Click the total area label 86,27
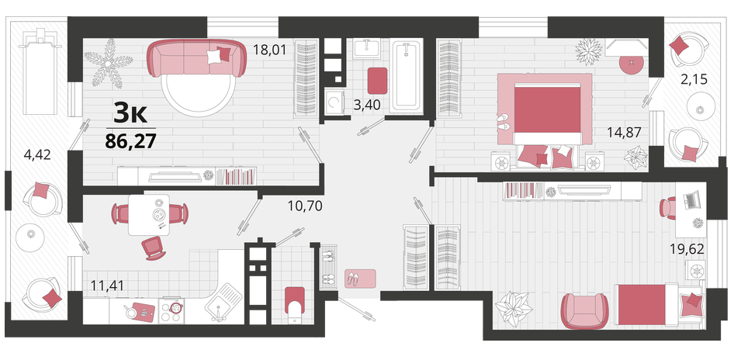coord(130,140)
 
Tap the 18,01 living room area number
coord(269,49)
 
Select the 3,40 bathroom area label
coord(367,105)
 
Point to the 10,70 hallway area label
coord(305,206)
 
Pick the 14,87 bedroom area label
coord(625,133)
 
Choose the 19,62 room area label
coord(687,249)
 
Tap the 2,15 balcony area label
coord(694,79)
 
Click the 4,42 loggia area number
coord(36,155)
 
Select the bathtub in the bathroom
coord(407,76)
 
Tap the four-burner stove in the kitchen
coord(171,310)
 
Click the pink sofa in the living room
coord(196,59)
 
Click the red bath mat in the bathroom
coord(378,81)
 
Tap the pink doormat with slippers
coord(359,279)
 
